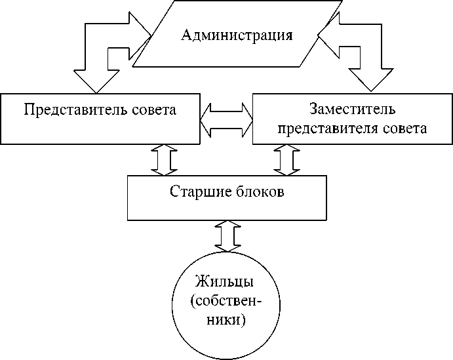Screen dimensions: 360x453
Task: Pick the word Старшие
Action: (x=195, y=192)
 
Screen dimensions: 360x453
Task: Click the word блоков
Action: (x=261, y=192)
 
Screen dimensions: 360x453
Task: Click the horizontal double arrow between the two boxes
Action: (x=226, y=119)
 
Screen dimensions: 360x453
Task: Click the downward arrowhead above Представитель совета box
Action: (x=94, y=79)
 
